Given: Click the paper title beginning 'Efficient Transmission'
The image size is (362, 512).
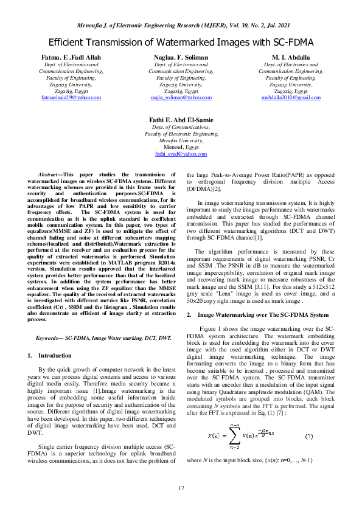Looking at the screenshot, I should click(181, 43).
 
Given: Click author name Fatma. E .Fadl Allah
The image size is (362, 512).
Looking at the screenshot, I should click(71, 57).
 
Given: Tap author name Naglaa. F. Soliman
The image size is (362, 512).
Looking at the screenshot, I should click(181, 57).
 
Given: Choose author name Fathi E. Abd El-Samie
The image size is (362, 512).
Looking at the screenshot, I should click(181, 120).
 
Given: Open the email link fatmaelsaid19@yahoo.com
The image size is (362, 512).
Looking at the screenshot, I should click(71, 97).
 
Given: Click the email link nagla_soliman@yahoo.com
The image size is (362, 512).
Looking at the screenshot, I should click(181, 97).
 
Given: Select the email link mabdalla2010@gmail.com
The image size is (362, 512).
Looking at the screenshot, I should click(291, 97).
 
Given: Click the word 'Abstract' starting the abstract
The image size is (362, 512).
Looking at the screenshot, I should click(49, 175).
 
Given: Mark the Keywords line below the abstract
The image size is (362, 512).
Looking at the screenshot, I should click(103, 337).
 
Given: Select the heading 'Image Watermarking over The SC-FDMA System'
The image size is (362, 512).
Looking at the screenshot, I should click(263, 314).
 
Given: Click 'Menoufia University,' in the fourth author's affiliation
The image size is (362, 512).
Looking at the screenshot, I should click(181, 140).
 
